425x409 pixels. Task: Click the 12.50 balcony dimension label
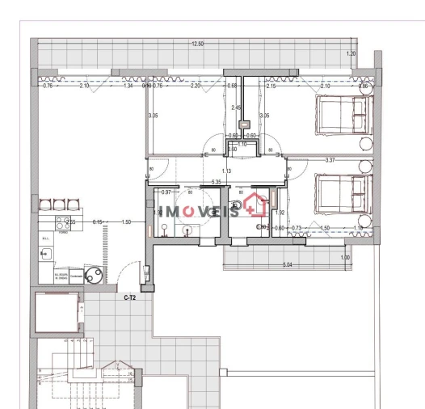197,44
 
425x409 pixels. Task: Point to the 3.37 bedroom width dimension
329,160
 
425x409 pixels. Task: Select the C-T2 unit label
128,298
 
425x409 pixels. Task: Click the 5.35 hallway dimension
216,183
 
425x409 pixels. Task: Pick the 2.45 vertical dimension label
236,108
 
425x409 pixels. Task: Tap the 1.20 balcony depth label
350,53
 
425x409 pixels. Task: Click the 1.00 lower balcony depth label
346,258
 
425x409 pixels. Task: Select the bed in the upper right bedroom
343,116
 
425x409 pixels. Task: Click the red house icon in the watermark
256,204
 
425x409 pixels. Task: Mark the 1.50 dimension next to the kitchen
125,221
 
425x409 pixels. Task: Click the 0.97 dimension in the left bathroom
166,192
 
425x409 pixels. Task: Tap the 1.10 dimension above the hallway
242,144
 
